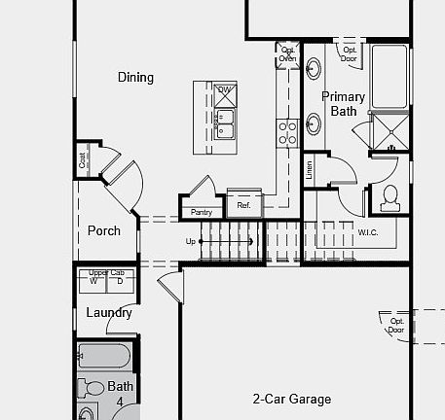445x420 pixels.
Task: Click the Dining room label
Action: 135,77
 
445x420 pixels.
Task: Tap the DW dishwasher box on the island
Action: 224,90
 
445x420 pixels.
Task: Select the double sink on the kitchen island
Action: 224,123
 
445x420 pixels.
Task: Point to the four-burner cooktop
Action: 287,131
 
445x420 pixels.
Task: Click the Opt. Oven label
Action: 287,54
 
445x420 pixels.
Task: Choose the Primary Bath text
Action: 344,104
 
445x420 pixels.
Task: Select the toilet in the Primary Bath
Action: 390,197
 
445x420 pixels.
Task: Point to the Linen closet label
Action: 310,171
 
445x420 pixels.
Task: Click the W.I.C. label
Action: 368,232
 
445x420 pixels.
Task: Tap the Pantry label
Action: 202,212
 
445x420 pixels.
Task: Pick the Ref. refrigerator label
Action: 243,206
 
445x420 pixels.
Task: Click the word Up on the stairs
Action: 191,241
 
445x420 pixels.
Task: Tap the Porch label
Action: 104,230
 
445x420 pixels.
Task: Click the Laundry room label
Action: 108,313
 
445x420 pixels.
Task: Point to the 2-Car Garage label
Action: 291,399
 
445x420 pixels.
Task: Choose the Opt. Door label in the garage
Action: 396,325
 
